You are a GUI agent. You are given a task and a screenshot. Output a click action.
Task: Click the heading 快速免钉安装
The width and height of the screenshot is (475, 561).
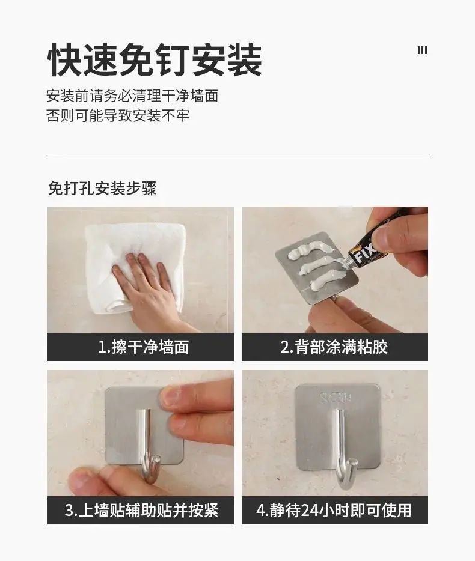[155, 59]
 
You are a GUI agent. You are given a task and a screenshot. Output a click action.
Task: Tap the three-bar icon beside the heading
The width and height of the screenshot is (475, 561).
[422, 50]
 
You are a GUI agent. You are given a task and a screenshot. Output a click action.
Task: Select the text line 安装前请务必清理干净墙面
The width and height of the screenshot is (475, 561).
[132, 96]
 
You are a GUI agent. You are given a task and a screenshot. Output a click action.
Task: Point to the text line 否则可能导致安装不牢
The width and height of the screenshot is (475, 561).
[118, 115]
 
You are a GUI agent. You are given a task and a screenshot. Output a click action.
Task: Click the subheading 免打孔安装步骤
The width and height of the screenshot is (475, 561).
[102, 188]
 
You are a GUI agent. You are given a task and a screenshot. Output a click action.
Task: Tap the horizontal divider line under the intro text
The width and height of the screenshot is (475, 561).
[237, 154]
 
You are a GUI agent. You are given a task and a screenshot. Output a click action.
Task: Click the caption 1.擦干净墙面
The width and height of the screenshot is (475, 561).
[143, 347]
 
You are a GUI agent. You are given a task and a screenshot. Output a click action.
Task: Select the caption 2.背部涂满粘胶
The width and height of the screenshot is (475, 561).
[334, 347]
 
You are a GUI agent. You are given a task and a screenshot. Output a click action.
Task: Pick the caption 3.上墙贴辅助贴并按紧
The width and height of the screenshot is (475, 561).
[141, 510]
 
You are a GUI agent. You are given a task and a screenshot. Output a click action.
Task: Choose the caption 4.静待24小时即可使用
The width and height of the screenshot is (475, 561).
[334, 510]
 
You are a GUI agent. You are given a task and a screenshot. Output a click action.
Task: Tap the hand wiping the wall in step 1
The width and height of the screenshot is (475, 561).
[150, 287]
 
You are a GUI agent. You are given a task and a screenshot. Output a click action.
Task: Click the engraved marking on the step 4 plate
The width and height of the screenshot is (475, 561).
[336, 397]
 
